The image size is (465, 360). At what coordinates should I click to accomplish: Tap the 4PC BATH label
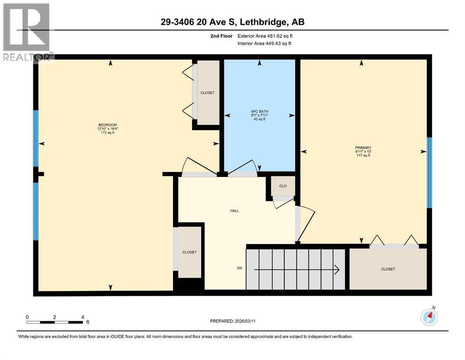259,112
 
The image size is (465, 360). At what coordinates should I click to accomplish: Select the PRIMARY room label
363,147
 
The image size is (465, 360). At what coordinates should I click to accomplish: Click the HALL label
235,211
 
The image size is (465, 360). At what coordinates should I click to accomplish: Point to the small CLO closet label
283,186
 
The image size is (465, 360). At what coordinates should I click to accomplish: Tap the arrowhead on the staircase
336,269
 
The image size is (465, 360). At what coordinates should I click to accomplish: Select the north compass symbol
429,317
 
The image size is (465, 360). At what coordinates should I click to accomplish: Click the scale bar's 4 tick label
82,317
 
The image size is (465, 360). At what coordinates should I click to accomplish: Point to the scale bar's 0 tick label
27,317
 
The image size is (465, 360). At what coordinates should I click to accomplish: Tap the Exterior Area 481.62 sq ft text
266,36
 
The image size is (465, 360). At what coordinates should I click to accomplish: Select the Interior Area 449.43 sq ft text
265,44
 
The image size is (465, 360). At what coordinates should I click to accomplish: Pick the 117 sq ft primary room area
363,156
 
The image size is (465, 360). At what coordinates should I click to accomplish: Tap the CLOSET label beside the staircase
388,269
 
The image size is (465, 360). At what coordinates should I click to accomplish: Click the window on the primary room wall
429,172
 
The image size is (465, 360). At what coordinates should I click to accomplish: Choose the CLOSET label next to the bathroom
207,93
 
